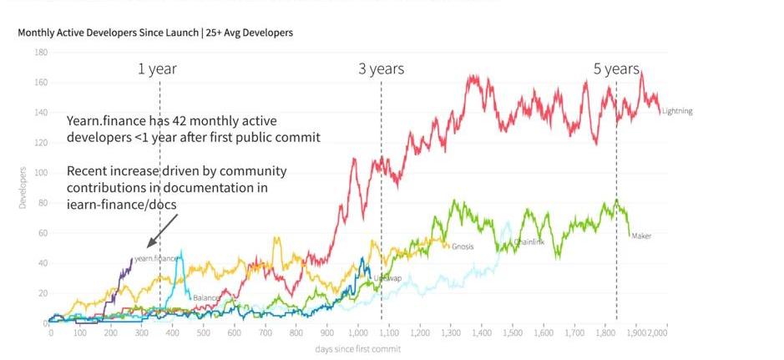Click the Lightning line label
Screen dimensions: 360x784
coord(676,111)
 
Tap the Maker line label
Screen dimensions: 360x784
coord(641,236)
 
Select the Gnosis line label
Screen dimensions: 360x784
coord(463,246)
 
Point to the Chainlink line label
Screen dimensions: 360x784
coord(517,242)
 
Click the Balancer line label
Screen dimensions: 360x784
coord(205,297)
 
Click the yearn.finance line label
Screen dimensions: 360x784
coord(156,259)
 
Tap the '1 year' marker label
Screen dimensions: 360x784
coord(157,69)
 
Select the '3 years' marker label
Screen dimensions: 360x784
coord(381,69)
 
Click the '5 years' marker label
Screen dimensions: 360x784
coord(616,69)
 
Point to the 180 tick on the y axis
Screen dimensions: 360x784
coord(41,53)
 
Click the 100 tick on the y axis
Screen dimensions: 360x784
coord(41,173)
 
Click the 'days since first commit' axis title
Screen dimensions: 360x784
coord(358,348)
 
